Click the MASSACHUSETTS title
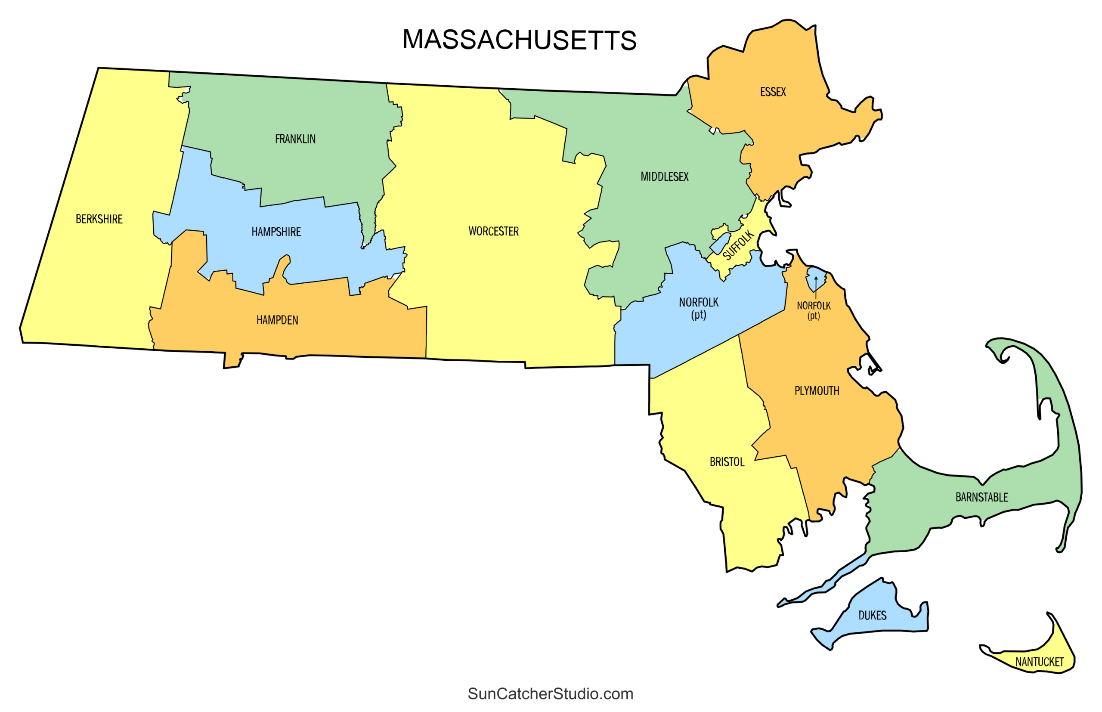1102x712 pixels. [x=519, y=40]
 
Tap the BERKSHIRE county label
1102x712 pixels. [x=99, y=219]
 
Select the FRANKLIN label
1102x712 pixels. [x=295, y=139]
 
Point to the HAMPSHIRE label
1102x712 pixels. [x=276, y=232]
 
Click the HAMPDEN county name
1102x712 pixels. [x=277, y=320]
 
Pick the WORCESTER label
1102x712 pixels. [x=493, y=231]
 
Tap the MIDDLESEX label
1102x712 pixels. [x=664, y=176]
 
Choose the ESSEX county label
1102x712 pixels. [x=773, y=92]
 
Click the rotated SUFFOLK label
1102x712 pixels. [x=738, y=245]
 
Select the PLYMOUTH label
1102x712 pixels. [x=817, y=391]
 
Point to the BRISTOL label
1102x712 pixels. [x=727, y=462]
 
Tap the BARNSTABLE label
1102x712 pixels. [x=982, y=498]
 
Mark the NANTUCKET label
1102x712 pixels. [x=1039, y=662]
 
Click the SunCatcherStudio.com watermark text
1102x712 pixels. [x=550, y=693]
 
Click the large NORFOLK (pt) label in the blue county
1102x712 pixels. [x=699, y=308]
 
